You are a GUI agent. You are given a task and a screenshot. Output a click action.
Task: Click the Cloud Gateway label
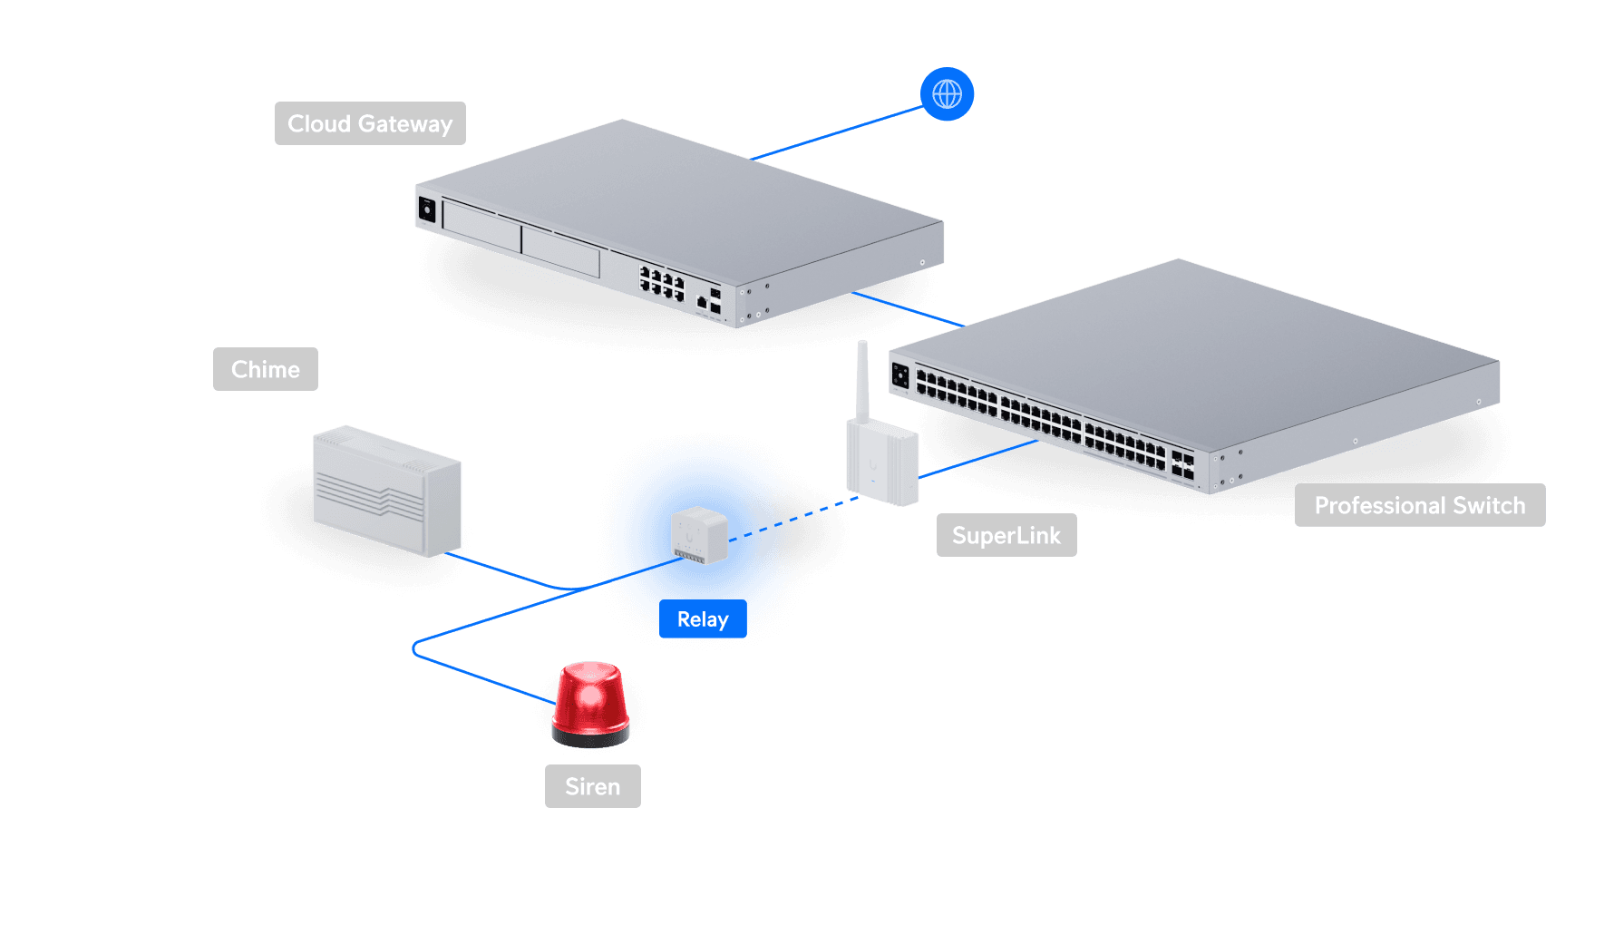(370, 123)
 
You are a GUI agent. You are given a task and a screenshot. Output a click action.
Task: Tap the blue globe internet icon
(947, 94)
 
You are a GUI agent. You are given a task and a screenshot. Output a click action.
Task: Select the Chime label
(265, 369)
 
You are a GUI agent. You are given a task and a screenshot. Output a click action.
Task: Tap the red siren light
(589, 698)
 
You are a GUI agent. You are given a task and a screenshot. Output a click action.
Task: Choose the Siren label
(592, 786)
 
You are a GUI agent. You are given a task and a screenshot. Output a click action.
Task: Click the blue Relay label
(703, 619)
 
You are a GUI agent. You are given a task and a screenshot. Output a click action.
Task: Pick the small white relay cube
(698, 535)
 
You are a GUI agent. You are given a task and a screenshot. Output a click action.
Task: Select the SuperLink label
(1006, 535)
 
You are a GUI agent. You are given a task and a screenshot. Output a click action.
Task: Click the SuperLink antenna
(862, 381)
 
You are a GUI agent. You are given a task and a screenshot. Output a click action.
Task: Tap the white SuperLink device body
(881, 462)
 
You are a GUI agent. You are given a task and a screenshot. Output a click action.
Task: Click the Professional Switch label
(1419, 505)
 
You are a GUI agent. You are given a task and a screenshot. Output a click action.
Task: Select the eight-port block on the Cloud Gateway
(661, 284)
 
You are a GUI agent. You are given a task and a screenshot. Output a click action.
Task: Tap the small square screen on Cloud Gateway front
(427, 210)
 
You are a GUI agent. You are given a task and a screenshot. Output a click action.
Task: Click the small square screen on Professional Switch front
(900, 375)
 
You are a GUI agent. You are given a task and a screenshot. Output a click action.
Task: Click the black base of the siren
(590, 738)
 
